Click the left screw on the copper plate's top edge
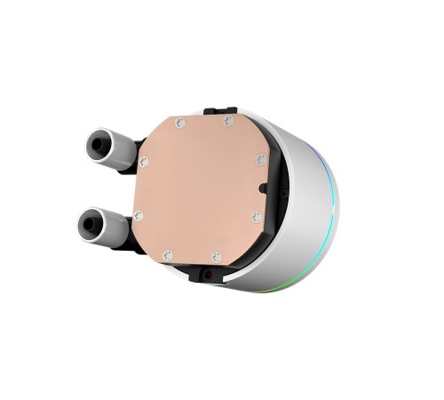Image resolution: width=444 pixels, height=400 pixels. coord(181,123)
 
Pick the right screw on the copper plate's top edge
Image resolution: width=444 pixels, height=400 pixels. coord(228,120)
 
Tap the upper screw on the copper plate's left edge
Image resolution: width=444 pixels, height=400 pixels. coord(144,162)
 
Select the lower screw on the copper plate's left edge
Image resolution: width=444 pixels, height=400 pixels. coord(138,215)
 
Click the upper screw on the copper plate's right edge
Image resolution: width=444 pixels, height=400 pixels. coord(260,160)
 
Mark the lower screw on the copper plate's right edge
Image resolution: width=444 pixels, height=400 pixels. coord(256,216)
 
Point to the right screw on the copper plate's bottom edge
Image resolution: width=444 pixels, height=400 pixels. coord(217,257)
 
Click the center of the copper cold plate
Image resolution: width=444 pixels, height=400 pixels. coord(200,188)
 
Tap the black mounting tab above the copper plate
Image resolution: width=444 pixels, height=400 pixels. coord(219,111)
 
